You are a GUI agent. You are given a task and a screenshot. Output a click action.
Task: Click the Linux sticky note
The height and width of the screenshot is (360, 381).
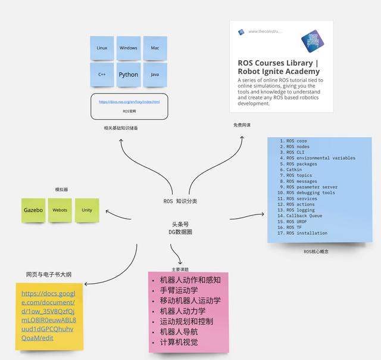[x=102, y=48]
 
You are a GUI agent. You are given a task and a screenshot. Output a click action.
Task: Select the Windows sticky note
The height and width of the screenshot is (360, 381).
[x=128, y=48]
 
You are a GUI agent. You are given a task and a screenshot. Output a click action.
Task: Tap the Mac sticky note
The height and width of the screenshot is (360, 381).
[x=155, y=48]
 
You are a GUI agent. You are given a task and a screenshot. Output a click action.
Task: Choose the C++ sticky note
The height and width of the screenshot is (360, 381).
[x=102, y=75]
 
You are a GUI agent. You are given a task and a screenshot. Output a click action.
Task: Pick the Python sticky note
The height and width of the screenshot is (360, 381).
[x=128, y=75]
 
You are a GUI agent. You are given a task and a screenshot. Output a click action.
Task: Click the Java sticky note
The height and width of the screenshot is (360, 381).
[x=155, y=75]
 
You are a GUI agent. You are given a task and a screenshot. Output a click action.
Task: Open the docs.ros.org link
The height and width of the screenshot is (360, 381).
[x=129, y=102]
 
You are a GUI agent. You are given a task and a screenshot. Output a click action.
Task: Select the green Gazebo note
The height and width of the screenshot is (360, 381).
[x=33, y=210]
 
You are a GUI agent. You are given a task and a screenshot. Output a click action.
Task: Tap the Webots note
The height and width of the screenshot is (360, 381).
[x=60, y=210]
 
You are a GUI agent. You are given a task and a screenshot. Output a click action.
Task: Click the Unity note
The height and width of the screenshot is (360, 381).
[x=87, y=210]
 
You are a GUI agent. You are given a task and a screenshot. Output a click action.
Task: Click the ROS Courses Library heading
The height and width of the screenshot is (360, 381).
[x=279, y=67]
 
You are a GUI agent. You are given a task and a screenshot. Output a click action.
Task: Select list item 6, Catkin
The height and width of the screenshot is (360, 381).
[x=294, y=170]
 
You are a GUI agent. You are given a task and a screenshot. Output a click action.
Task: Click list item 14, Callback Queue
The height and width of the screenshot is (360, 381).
[x=304, y=216]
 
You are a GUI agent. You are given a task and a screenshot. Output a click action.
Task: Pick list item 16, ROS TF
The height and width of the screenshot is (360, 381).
[x=295, y=227]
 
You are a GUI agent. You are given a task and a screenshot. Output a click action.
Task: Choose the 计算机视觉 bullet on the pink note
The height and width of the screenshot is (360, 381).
[x=179, y=342]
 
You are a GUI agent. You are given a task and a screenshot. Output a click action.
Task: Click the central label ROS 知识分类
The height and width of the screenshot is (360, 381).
[x=180, y=201]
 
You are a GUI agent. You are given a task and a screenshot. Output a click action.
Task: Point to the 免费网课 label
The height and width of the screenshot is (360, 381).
[x=242, y=125]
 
